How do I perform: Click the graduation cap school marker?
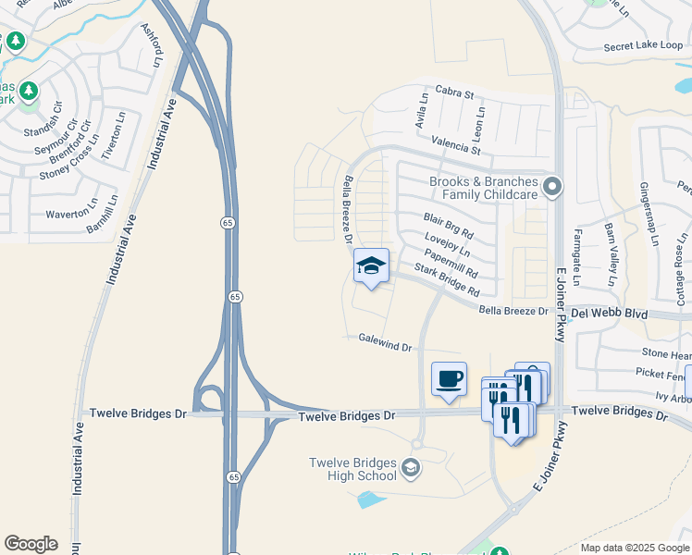[371, 266]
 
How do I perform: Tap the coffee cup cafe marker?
[449, 379]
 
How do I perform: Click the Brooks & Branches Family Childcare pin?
[552, 188]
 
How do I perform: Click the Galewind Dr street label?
[385, 343]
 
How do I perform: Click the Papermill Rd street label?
[452, 263]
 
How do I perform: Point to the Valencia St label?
[456, 144]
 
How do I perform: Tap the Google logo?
[31, 544]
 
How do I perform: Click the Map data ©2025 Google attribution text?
[635, 548]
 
